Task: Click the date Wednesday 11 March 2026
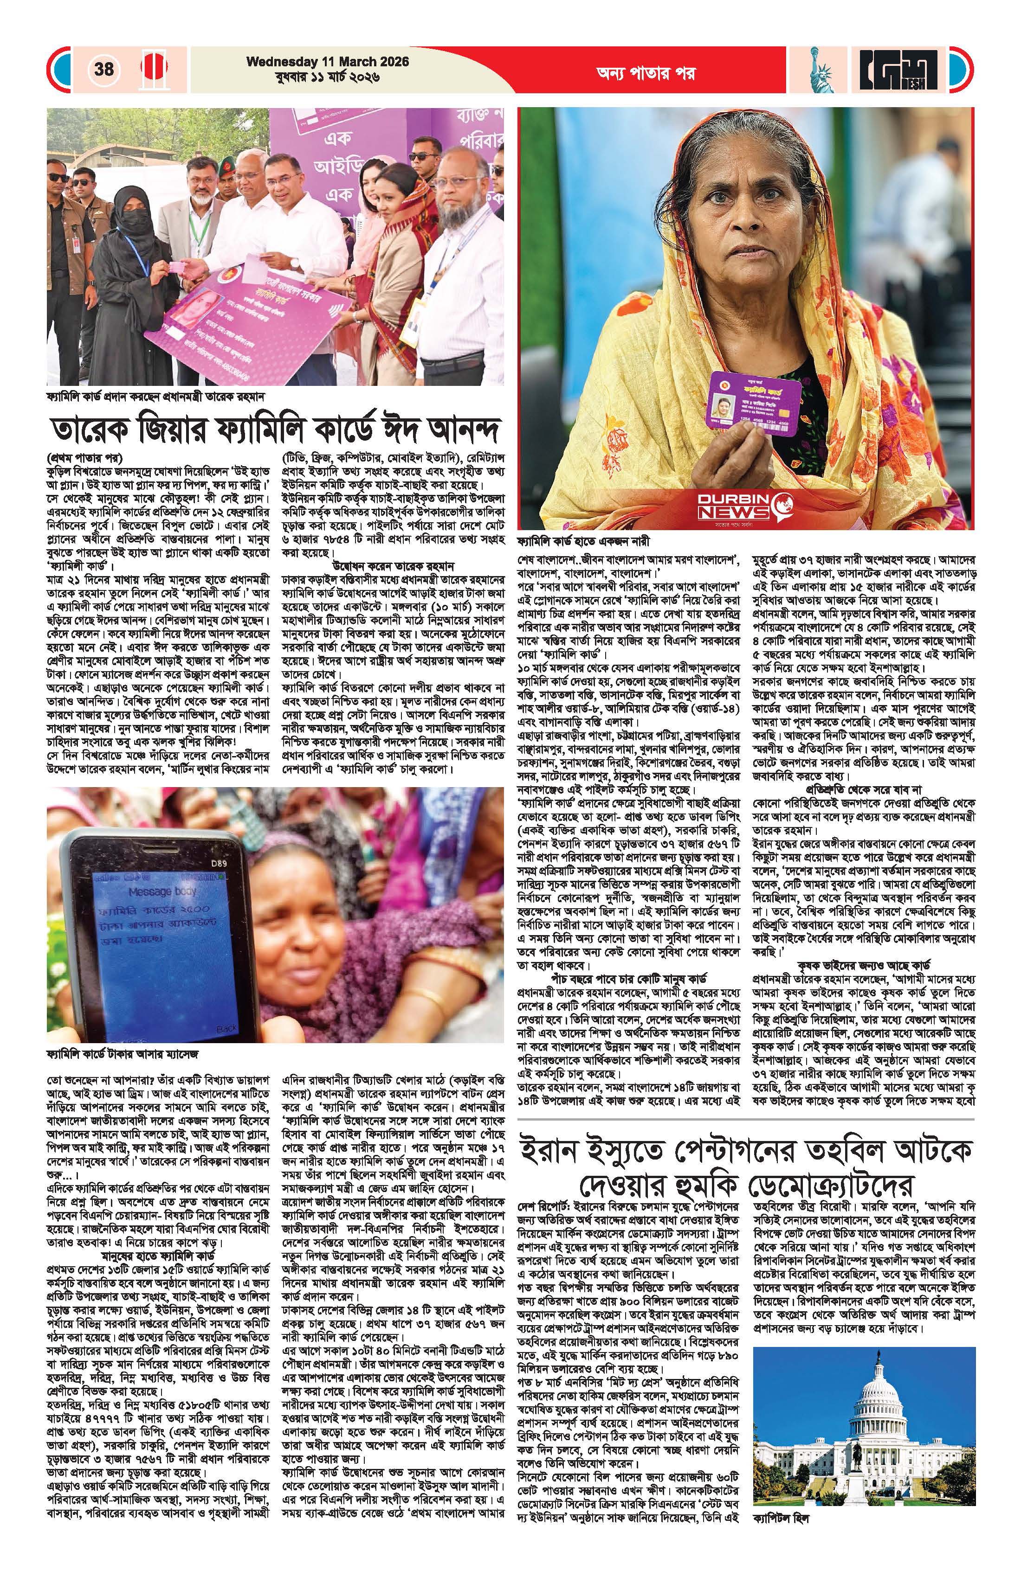tap(328, 62)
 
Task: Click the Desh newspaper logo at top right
tap(902, 69)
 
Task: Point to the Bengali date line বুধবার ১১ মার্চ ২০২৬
tap(328, 77)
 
